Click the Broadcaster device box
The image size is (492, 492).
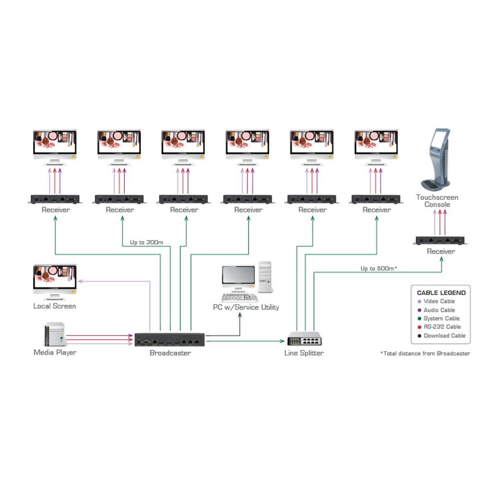point(169,339)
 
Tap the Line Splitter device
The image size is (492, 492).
point(304,339)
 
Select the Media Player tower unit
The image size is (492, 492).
point(55,335)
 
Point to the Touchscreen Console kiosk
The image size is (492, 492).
point(437,160)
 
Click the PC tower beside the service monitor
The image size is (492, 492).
point(265,277)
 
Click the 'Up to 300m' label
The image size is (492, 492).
point(146,242)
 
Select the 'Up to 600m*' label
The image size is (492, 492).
point(378,269)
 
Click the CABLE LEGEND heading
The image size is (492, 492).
point(441,293)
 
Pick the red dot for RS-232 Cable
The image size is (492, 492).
point(419,327)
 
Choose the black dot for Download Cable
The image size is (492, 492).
point(419,336)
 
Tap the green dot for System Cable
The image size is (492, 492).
point(419,319)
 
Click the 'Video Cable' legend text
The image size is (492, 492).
point(439,301)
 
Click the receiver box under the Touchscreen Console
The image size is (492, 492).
point(440,240)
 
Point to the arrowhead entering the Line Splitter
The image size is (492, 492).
point(282,341)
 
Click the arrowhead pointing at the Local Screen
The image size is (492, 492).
point(80,281)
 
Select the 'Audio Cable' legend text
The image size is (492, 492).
point(439,310)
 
